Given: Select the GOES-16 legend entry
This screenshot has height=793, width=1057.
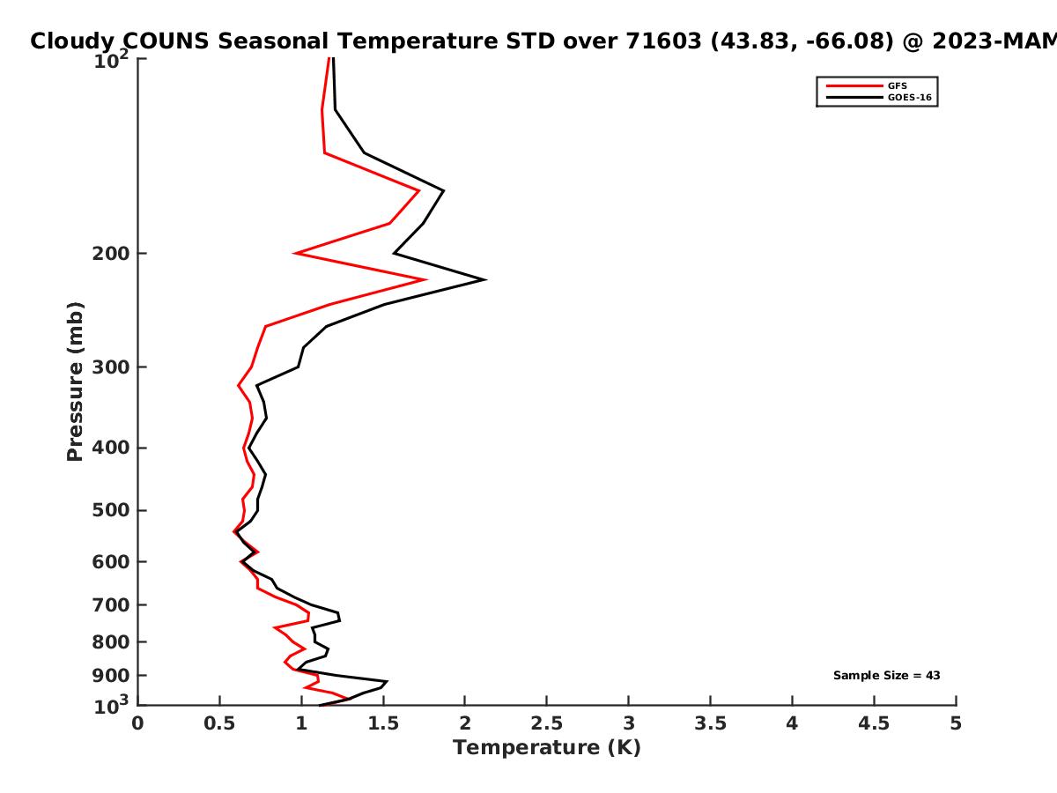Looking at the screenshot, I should click(x=907, y=98).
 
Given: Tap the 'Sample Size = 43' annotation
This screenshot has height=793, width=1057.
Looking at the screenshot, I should click(x=886, y=676).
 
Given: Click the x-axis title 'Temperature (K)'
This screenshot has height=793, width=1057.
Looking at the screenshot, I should click(x=546, y=748).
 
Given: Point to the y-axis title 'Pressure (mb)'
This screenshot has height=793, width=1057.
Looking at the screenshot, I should click(x=75, y=382).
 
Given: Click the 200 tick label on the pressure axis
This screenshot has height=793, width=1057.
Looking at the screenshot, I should click(x=107, y=254).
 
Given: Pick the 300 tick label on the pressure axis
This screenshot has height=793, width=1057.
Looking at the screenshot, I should click(x=107, y=367).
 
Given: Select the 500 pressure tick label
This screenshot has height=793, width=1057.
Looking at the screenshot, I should click(x=107, y=511).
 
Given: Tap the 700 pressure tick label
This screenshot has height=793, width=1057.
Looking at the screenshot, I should click(x=107, y=605).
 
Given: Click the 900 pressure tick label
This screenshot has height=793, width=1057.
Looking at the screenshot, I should click(x=107, y=676).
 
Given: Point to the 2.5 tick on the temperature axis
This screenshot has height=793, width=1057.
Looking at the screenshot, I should click(x=546, y=723).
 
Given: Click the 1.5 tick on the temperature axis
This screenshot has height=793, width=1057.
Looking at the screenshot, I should click(x=382, y=723).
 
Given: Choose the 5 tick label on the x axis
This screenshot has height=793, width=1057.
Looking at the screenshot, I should click(x=956, y=723).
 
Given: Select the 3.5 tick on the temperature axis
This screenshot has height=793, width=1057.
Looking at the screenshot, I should click(x=710, y=723).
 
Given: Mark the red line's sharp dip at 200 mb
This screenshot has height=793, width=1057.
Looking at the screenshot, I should click(x=295, y=254).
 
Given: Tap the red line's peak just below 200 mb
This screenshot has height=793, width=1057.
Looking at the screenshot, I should click(x=426, y=279).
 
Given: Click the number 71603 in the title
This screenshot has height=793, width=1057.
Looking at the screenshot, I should click(x=663, y=41).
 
